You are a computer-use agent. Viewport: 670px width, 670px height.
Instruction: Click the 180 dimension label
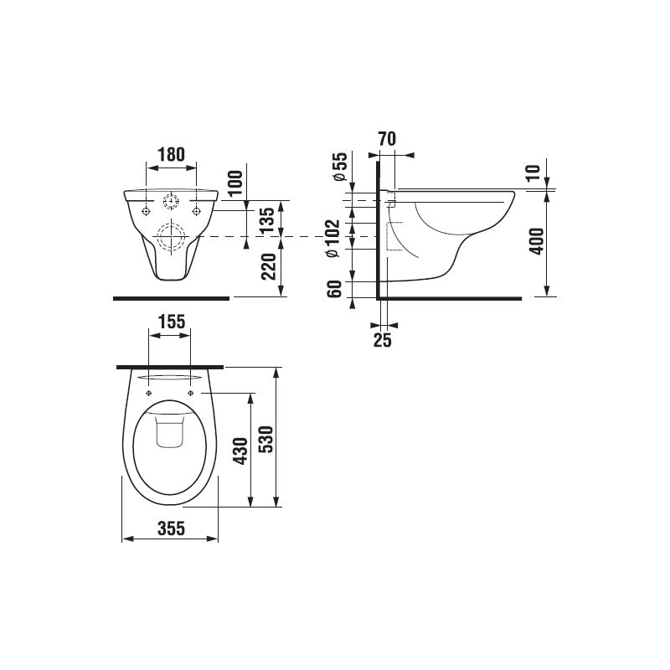171,154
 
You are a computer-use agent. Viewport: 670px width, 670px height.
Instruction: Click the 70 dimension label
386,139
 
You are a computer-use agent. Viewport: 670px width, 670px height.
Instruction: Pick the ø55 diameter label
340,167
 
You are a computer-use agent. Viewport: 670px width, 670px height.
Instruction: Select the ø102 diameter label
332,240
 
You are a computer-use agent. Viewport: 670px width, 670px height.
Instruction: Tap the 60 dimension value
335,289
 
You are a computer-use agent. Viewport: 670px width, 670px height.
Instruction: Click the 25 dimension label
382,338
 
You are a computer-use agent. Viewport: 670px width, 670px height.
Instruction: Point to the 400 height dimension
537,240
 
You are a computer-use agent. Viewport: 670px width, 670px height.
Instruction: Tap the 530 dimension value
265,437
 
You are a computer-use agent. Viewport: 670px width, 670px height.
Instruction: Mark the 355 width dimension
170,527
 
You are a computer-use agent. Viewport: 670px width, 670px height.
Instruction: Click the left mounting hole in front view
146,209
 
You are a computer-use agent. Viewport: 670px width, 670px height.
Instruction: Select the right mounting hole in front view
197,209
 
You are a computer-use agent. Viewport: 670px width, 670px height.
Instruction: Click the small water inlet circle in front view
171,202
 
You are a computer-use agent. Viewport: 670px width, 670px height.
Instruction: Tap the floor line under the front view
171,297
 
